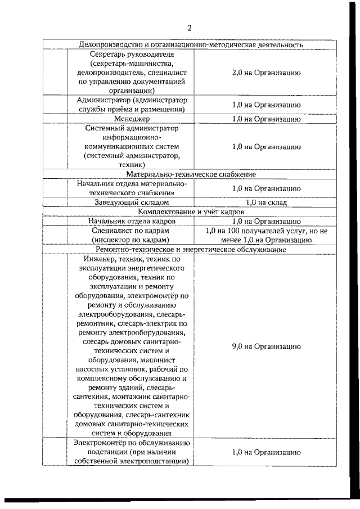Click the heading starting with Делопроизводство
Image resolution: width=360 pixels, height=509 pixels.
point(192,44)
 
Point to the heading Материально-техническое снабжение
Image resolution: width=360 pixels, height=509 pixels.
point(192,174)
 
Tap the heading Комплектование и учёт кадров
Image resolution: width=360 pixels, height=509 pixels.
point(192,211)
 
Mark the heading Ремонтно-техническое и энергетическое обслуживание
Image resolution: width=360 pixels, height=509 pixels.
point(192,249)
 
